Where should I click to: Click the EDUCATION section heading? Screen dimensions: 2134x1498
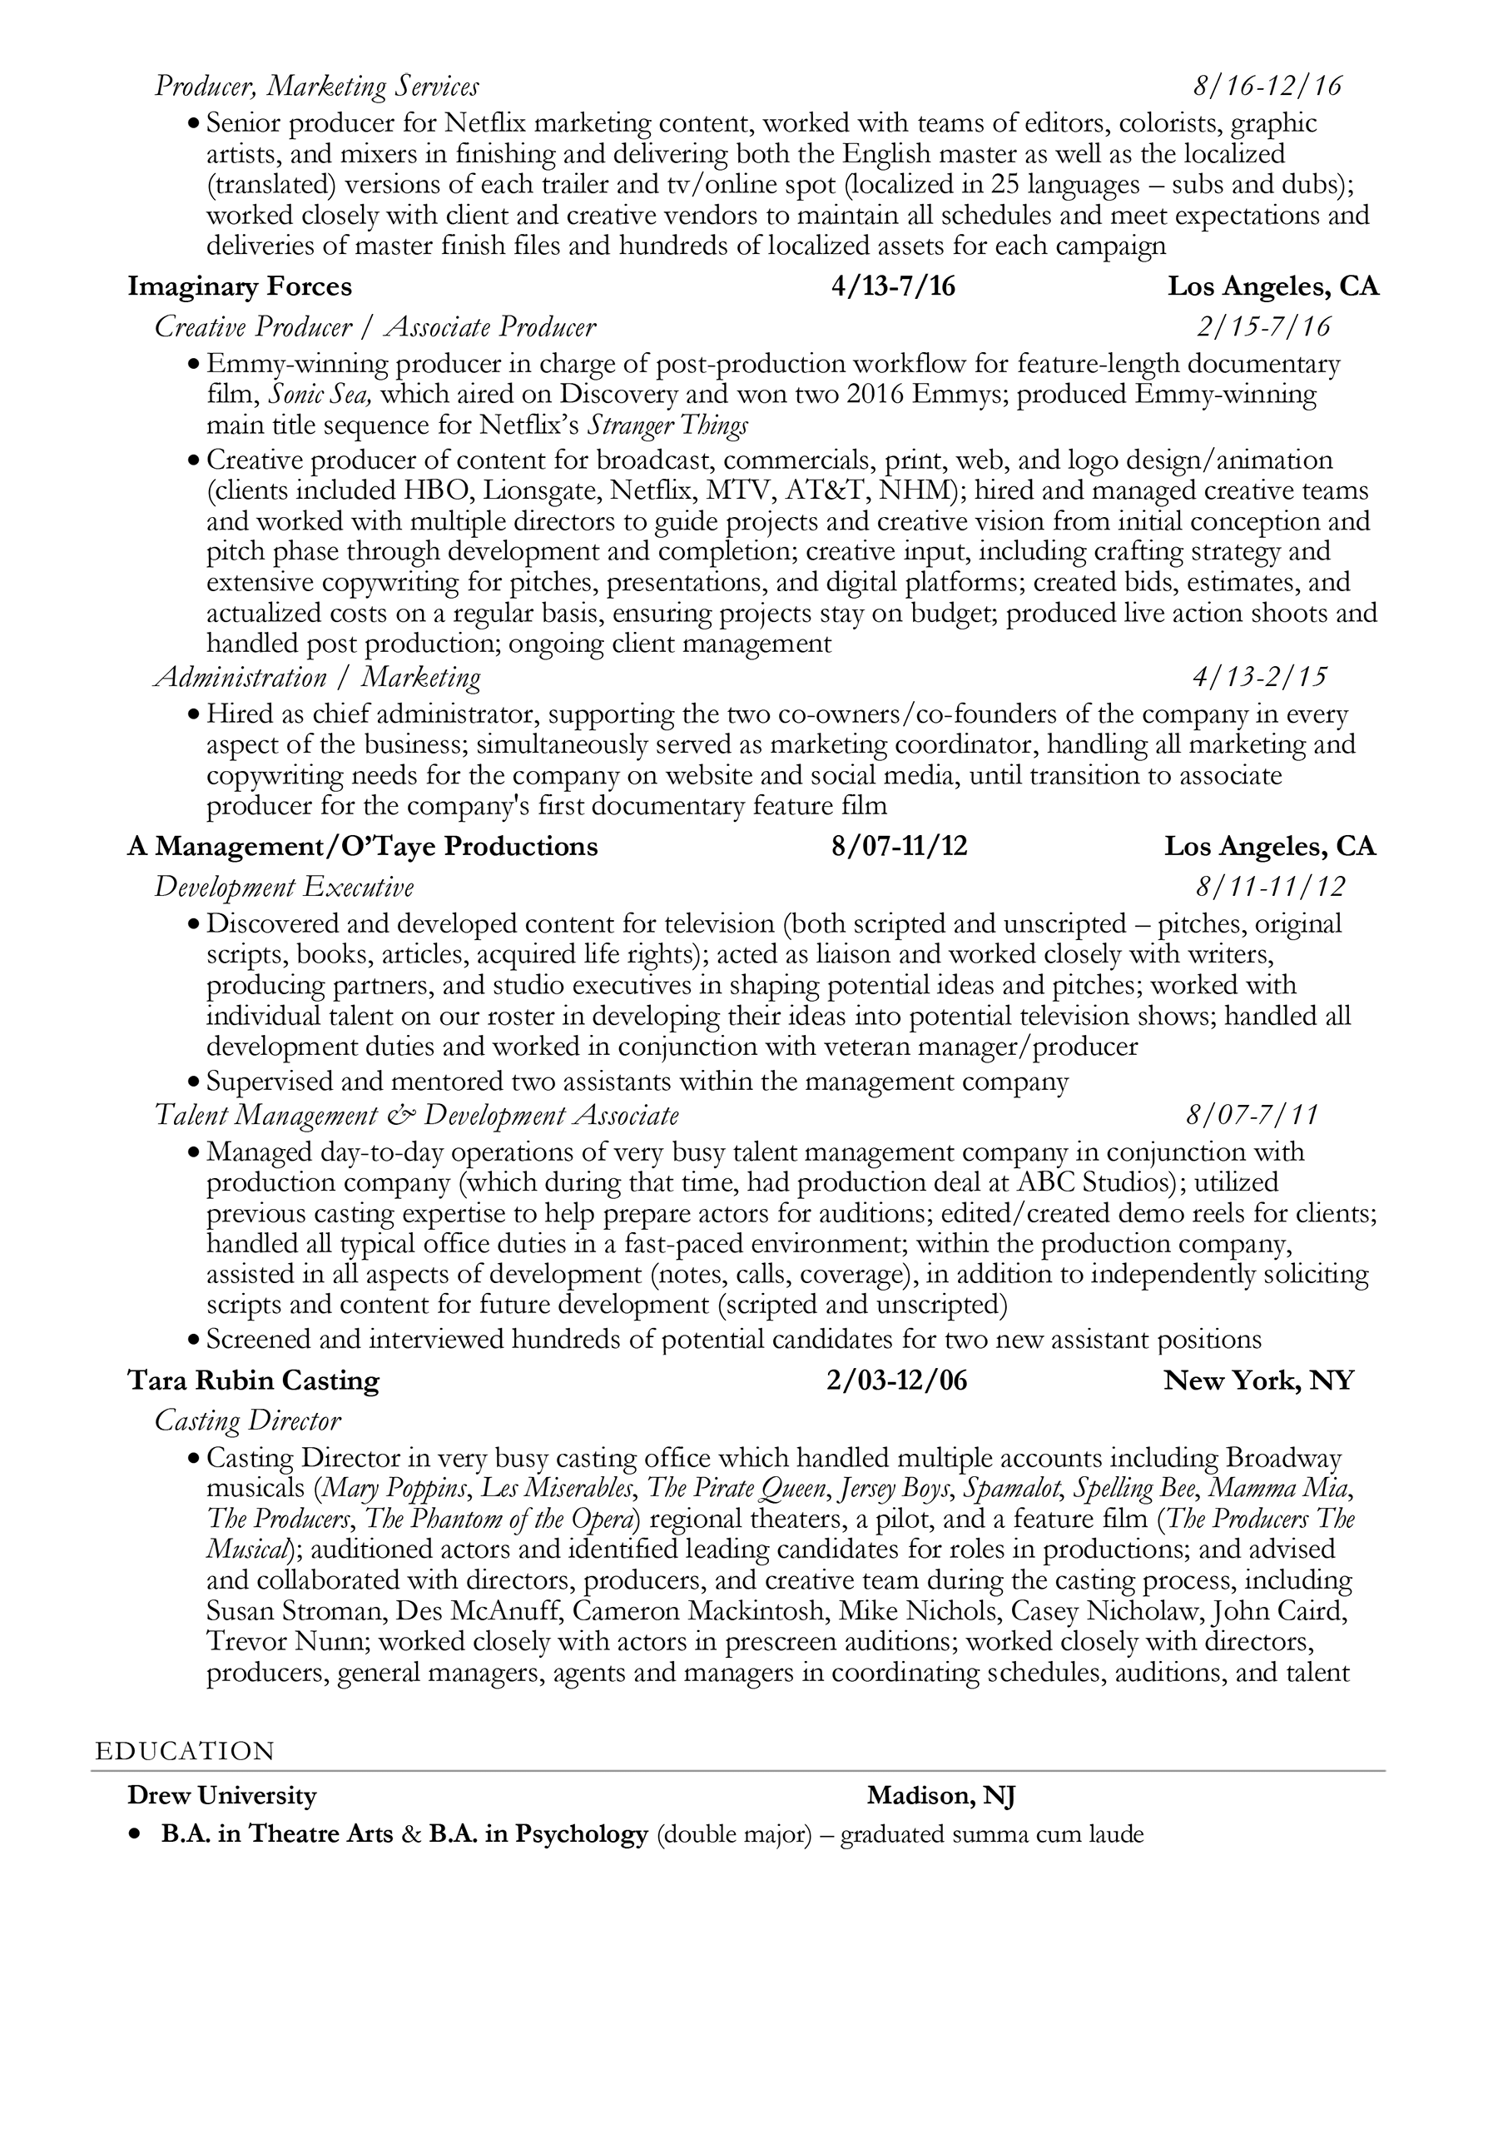point(185,1751)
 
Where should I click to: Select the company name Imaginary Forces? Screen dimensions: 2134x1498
point(240,286)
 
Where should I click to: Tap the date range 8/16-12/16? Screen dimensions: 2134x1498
point(1267,87)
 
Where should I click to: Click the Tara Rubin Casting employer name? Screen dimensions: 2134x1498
point(253,1380)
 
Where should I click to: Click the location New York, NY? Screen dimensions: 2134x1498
point(1258,1380)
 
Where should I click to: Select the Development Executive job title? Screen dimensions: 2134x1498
point(284,887)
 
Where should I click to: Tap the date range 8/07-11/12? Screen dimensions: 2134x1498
point(899,846)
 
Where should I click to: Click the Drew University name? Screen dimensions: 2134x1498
point(221,1796)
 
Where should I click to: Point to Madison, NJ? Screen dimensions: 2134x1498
point(940,1796)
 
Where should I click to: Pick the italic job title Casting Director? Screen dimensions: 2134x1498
point(247,1420)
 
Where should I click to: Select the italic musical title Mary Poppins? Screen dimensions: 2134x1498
point(396,1488)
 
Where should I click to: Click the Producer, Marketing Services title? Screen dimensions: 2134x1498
point(316,87)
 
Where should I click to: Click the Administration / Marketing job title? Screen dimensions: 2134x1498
point(317,677)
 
